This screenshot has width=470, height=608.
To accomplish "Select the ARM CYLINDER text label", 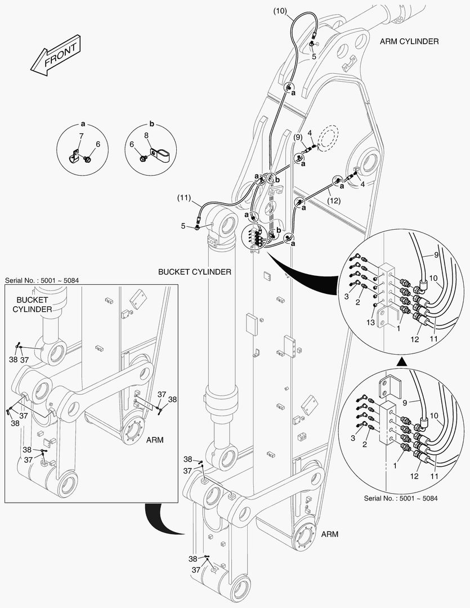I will pyautogui.click(x=409, y=42).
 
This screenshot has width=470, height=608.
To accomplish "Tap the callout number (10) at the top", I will pyautogui.click(x=280, y=11).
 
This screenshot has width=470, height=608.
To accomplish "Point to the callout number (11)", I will pyautogui.click(x=184, y=198).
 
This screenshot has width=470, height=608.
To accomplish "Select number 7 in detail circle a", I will pyautogui.click(x=80, y=136).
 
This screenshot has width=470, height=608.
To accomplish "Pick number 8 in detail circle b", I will pyautogui.click(x=146, y=135).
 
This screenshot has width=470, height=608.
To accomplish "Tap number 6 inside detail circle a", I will pyautogui.click(x=97, y=145).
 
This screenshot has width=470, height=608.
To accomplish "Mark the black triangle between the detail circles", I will pyautogui.click(x=400, y=360).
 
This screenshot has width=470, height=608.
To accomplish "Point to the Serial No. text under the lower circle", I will pyautogui.click(x=401, y=498).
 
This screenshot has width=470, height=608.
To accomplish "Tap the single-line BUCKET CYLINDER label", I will pyautogui.click(x=195, y=272).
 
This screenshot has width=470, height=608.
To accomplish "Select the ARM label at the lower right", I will pyautogui.click(x=330, y=534).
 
